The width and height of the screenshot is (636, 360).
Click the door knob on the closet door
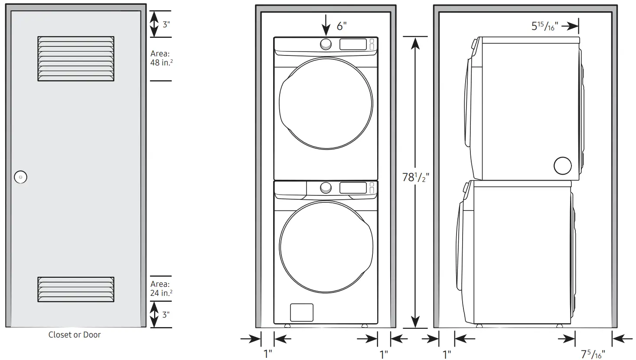click(x=20, y=177)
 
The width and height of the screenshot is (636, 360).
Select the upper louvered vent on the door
click(x=76, y=58)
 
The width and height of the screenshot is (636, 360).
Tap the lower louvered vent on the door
click(x=76, y=289)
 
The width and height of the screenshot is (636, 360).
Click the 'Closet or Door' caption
click(x=75, y=334)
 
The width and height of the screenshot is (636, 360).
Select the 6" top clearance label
click(x=342, y=26)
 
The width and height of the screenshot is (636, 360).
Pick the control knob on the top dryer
click(x=326, y=44)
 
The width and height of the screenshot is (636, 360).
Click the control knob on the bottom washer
click(x=326, y=188)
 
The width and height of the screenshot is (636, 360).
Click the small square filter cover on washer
click(x=301, y=312)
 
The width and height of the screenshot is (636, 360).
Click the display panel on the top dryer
click(x=353, y=44)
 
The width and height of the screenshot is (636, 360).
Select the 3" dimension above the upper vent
click(x=166, y=24)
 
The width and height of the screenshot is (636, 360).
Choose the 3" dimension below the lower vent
click(x=166, y=315)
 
